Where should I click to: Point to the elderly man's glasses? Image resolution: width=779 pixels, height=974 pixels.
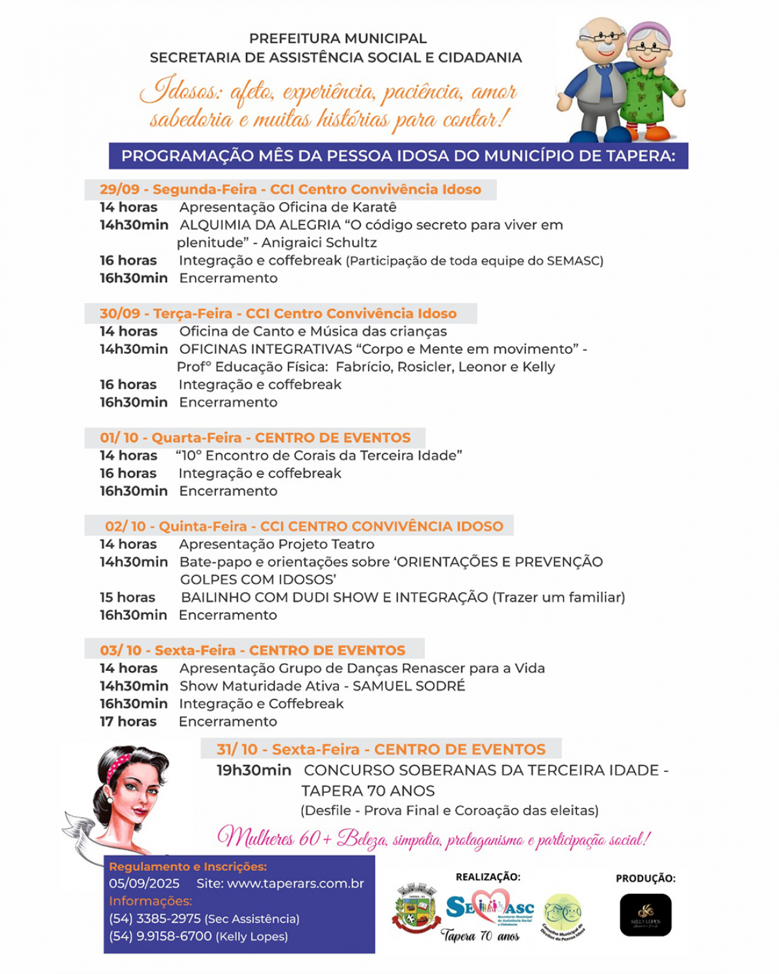[600, 37]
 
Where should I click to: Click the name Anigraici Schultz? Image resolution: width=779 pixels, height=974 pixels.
[319, 243]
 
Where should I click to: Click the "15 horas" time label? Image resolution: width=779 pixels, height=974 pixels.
[127, 598]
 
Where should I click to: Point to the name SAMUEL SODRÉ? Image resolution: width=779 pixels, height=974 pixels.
[409, 686]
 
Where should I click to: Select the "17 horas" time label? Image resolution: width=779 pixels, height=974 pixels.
[128, 721]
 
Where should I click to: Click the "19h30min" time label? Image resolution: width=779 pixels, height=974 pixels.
[254, 770]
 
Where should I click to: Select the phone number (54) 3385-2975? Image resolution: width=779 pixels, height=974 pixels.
[155, 919]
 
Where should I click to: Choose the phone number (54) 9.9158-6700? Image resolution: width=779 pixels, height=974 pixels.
[160, 937]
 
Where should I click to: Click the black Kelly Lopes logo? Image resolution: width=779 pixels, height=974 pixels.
[645, 914]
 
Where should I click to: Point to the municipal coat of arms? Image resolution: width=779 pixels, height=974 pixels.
[416, 908]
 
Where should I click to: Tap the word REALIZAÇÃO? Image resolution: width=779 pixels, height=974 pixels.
[488, 877]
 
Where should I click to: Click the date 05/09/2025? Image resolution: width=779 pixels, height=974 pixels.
[144, 883]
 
